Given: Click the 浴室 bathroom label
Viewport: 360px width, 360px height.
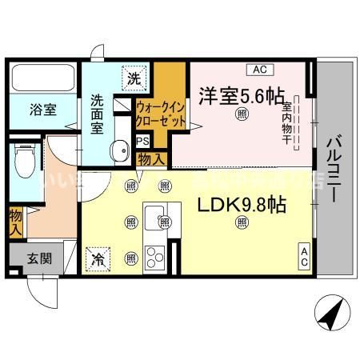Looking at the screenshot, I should tap(43, 110).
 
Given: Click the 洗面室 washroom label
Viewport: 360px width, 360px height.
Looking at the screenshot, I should tap(99, 114).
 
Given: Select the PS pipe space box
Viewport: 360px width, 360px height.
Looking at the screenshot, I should tap(144, 142).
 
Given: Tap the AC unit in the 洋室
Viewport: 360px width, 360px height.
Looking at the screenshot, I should tap(261, 69).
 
